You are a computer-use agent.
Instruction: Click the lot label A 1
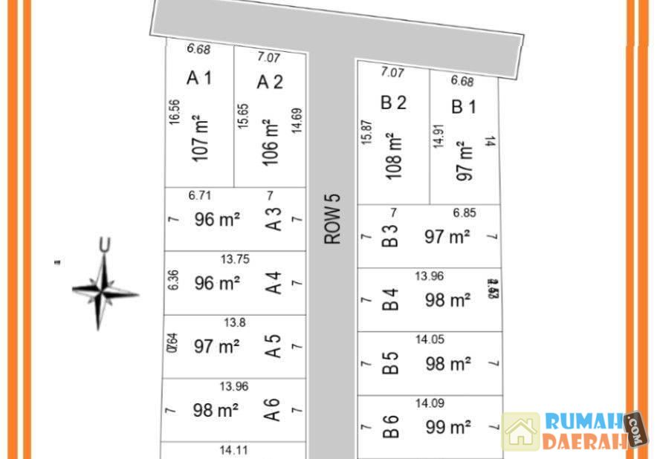(x=199, y=77)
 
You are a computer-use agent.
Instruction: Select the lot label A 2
(x=270, y=82)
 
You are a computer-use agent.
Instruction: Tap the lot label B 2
(x=393, y=102)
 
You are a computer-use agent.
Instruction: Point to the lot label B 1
(x=464, y=107)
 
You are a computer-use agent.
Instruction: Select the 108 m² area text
(x=394, y=156)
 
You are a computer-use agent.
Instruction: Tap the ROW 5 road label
(x=332, y=219)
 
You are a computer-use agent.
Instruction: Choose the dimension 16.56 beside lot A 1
(x=175, y=115)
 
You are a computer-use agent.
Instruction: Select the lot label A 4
(x=274, y=283)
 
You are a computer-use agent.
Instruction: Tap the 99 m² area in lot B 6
(x=448, y=427)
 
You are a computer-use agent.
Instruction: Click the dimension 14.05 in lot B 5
(x=430, y=340)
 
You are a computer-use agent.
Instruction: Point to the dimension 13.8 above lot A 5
(x=233, y=323)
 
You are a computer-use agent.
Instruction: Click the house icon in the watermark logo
(x=521, y=432)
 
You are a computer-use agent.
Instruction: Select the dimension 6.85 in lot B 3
(x=464, y=213)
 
